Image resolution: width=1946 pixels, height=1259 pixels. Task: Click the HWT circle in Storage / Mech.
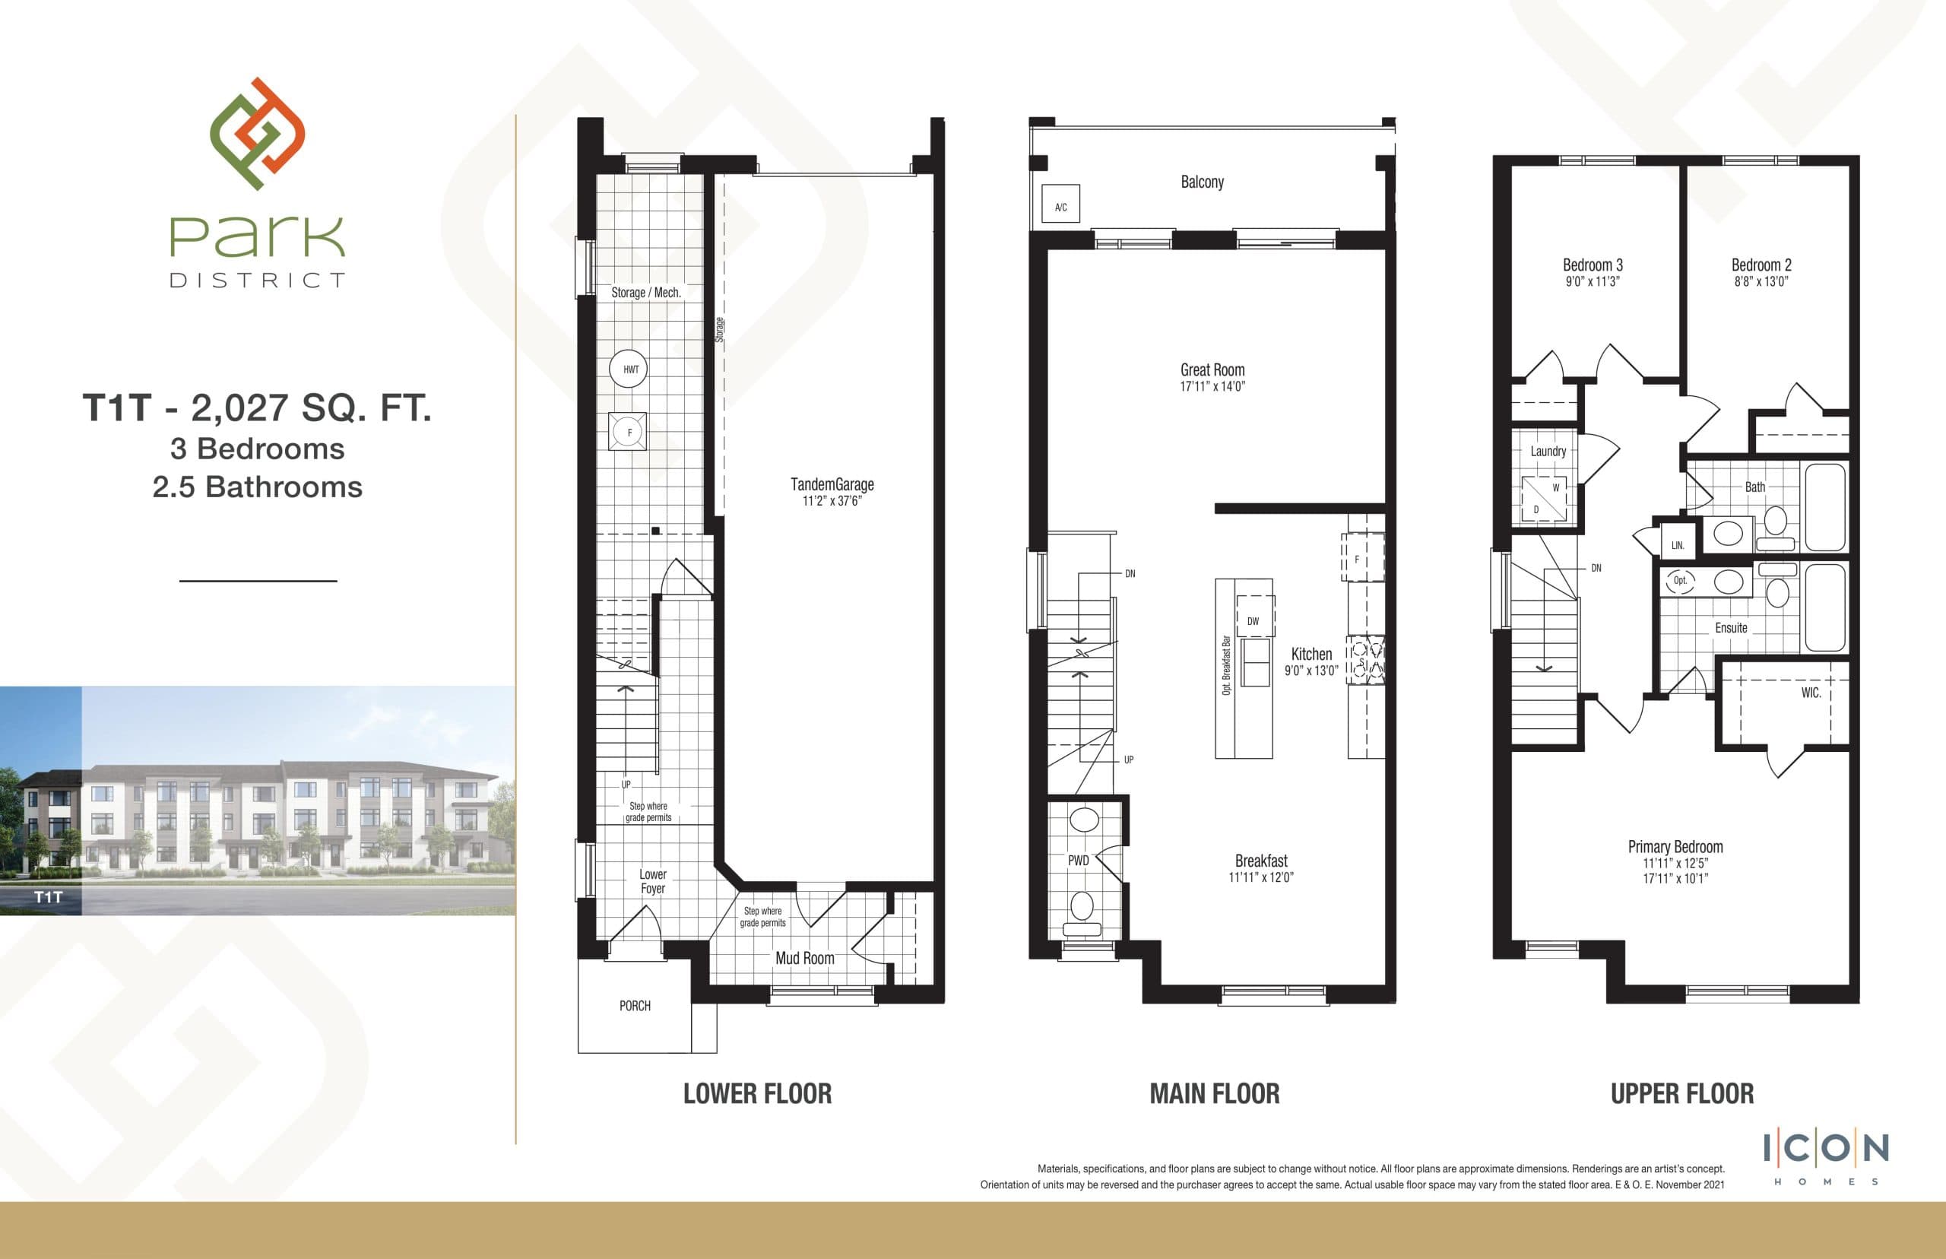point(629,369)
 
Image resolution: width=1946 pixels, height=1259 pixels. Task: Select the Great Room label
point(1212,369)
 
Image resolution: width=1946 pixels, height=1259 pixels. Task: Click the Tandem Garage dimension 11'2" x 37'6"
point(832,500)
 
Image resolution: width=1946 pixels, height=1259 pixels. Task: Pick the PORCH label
point(635,1006)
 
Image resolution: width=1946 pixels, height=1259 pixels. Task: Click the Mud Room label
point(804,958)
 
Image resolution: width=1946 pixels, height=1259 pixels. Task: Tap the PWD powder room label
point(1078,860)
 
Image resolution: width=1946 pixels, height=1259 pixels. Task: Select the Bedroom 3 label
point(1592,265)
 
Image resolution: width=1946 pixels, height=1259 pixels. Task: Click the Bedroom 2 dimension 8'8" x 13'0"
point(1761,281)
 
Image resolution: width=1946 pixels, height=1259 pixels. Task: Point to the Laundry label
point(1548,452)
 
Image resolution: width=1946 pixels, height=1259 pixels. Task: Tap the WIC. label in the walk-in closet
point(1811,693)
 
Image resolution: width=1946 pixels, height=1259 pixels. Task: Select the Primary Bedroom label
point(1675,847)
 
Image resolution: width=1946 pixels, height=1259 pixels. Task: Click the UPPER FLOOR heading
point(1681,1094)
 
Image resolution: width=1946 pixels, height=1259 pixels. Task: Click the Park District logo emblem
point(257,133)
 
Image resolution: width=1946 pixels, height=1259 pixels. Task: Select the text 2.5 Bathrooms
point(258,487)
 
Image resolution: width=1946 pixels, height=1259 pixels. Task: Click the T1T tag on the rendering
point(48,898)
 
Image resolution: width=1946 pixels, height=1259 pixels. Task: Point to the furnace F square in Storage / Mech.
point(628,432)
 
